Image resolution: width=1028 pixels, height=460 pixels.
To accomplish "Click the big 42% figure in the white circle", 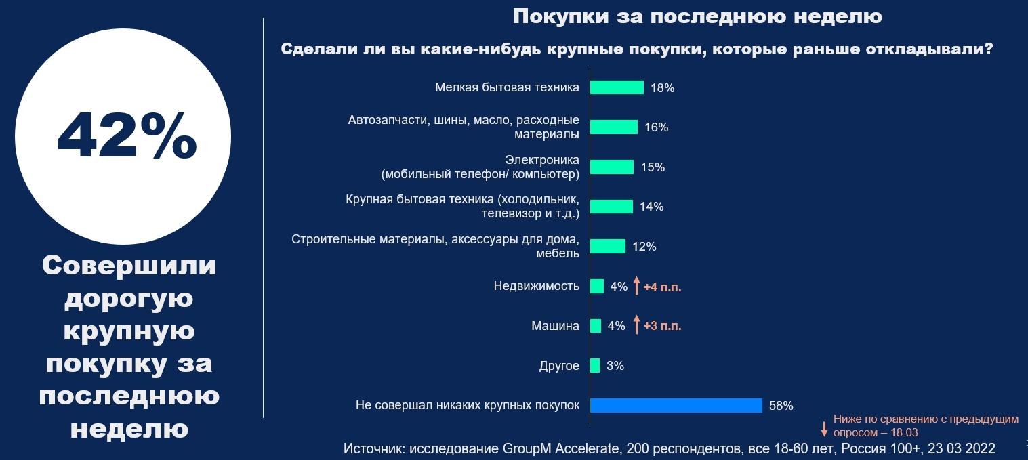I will click(x=127, y=135).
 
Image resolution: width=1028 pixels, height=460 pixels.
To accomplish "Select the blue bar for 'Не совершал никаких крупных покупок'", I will click(x=676, y=405).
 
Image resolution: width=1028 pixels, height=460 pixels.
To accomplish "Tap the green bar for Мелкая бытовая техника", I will click(x=617, y=87).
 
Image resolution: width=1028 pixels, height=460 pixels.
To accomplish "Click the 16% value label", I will click(x=657, y=127).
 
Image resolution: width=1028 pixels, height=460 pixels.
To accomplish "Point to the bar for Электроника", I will click(x=612, y=167).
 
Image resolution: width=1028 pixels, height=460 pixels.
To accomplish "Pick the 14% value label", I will click(x=651, y=207).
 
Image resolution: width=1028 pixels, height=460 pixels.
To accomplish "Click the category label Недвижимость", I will click(x=537, y=286).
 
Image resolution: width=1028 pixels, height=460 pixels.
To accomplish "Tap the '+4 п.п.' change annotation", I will click(x=662, y=287).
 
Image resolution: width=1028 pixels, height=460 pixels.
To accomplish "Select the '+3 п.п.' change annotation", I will click(x=662, y=326).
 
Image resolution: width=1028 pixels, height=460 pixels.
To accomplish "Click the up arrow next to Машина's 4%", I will click(x=636, y=325).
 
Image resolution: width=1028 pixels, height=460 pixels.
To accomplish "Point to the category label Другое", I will click(x=559, y=366).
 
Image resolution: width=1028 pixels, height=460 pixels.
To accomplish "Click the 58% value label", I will click(x=781, y=406).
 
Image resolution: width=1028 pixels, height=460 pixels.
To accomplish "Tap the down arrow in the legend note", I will click(x=824, y=428).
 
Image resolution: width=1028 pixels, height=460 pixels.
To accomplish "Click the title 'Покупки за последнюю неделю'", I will click(x=697, y=16).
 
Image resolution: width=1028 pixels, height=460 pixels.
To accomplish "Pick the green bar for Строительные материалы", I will click(x=608, y=247).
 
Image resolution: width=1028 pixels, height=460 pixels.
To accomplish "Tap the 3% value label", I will click(x=615, y=366).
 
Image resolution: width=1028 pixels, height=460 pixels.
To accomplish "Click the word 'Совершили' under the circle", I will click(x=129, y=266).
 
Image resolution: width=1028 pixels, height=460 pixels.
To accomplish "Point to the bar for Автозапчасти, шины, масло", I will click(x=614, y=127).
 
